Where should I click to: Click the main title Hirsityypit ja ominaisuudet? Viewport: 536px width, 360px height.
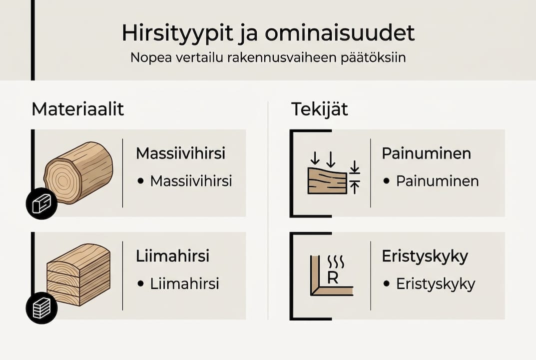[x=268, y=33]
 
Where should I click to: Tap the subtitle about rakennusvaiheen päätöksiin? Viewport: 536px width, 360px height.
[x=268, y=57]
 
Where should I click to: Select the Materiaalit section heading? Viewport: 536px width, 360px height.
[x=77, y=109]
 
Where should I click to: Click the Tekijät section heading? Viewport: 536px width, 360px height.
[x=320, y=109]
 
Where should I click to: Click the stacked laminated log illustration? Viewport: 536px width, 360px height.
[x=78, y=274]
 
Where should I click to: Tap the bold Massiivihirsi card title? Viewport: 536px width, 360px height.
[x=180, y=153]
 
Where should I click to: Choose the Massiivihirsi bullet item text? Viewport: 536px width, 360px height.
[x=191, y=181]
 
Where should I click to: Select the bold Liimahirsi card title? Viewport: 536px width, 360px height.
[x=172, y=256]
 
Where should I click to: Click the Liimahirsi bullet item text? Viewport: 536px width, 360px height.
[x=184, y=284]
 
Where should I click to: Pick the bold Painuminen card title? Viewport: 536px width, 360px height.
[x=426, y=153]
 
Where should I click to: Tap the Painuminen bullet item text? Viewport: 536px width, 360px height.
[x=437, y=181]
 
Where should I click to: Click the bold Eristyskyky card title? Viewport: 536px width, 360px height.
[x=425, y=256]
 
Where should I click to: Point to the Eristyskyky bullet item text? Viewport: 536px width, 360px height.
[x=436, y=284]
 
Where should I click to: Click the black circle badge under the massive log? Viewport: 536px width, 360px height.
[x=41, y=203]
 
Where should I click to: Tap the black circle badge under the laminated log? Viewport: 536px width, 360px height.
[x=41, y=307]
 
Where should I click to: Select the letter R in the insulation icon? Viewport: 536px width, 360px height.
[x=333, y=277]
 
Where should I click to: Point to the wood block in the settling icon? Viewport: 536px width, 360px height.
[x=327, y=181]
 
